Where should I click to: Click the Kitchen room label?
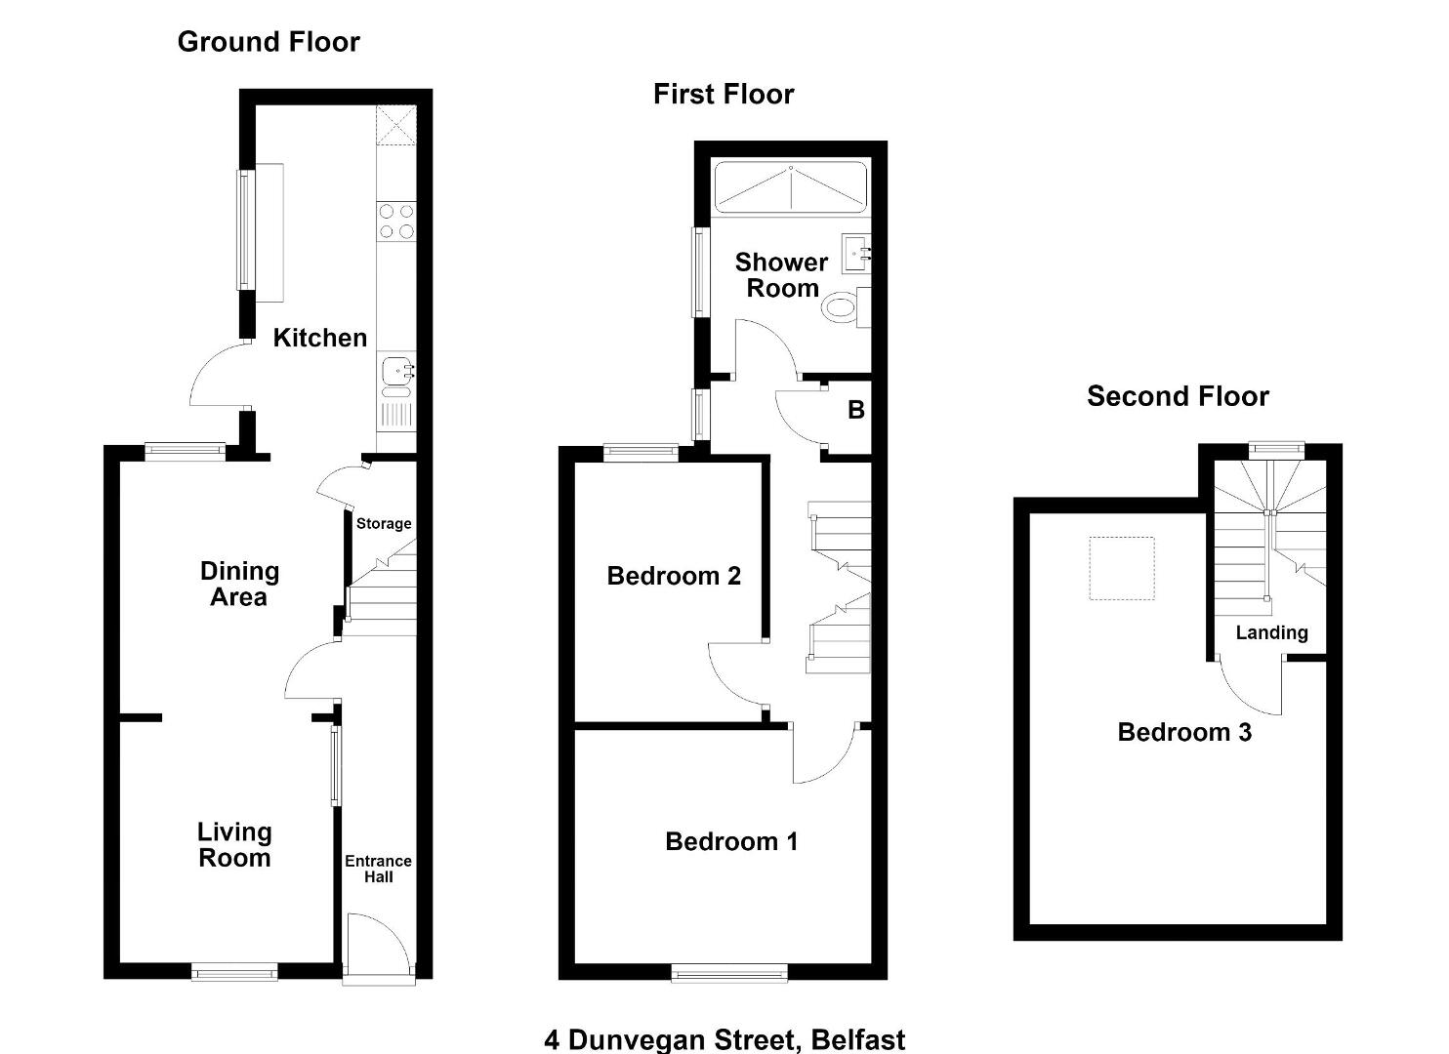point(319,338)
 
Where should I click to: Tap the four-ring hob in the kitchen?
point(396,222)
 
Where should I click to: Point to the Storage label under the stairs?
point(384,523)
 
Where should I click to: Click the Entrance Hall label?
point(379,869)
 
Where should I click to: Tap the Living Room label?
point(234,844)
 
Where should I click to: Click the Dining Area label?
point(239,584)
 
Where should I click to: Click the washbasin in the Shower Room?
point(855,254)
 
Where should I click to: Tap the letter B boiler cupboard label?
point(855,409)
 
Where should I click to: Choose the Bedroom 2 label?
point(674,576)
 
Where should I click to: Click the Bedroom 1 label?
point(731,841)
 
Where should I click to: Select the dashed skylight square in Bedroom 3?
point(1122,568)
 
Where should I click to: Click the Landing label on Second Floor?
point(1271,632)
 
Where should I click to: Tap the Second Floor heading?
point(1178,395)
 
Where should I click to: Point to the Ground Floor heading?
point(269,41)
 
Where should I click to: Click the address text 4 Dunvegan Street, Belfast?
point(724,1039)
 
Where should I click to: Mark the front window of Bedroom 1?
point(729,972)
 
